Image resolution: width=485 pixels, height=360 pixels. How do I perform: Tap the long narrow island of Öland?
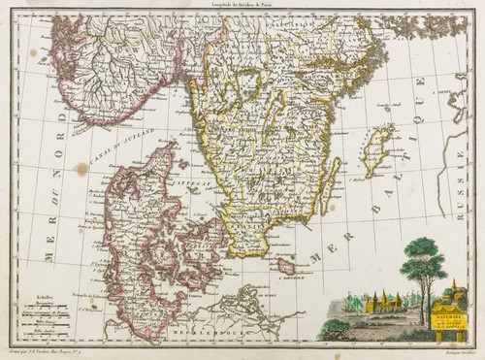point(332,185)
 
